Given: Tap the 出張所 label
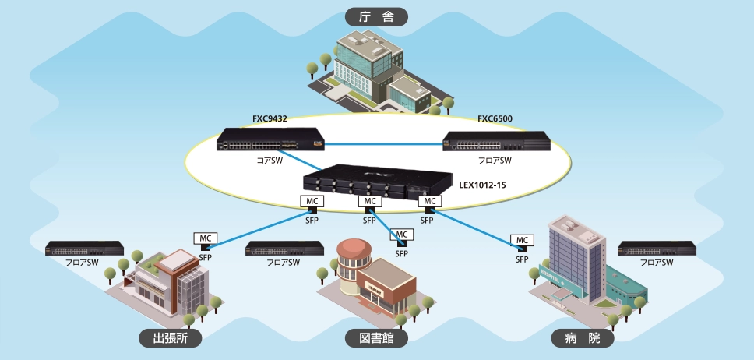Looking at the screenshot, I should coord(170,337).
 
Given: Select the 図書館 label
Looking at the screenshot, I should coord(377,337).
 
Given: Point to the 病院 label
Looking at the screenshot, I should coord(582,337).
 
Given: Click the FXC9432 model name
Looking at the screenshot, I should coord(270,119).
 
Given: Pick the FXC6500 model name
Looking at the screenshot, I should coord(495,119).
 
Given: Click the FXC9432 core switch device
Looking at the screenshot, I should coord(270,140).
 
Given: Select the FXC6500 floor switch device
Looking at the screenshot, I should coord(496,142).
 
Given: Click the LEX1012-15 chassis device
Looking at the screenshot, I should coord(378,181).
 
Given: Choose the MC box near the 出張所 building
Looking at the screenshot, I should coord(206,238).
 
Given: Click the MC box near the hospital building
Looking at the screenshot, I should coord(521,240).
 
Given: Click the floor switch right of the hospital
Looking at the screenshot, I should coord(656,249).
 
